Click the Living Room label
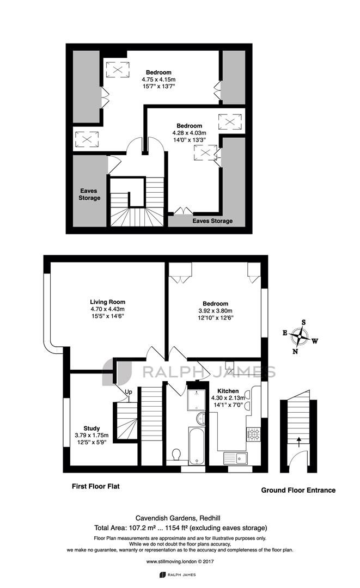click(108, 302)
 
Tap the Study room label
click(91, 428)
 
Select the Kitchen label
click(228, 391)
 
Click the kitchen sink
click(235, 458)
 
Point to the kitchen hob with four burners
click(253, 434)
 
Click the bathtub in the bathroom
click(196, 445)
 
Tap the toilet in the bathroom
click(175, 455)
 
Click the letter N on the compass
click(295, 351)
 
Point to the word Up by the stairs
click(128, 392)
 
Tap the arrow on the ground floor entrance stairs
click(299, 442)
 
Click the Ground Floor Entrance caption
click(298, 490)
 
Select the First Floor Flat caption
click(96, 486)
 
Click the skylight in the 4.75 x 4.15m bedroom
click(118, 70)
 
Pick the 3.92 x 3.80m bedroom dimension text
click(215, 311)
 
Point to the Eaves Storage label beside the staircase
click(89, 194)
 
